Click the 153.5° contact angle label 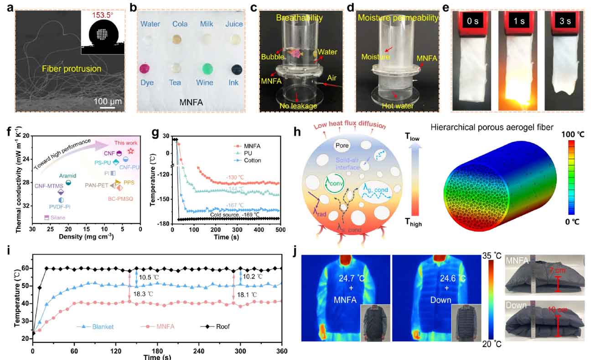[x=102, y=14]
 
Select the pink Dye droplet [x=145, y=69]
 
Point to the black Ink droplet [x=237, y=69]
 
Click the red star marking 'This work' [x=130, y=150]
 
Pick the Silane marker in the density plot [x=47, y=218]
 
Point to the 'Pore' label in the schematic [x=342, y=146]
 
